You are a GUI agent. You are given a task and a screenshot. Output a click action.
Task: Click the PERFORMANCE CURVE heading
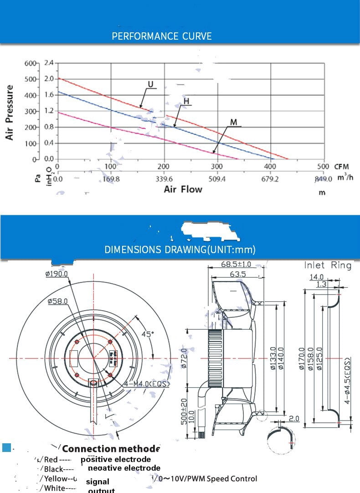coord(162,36)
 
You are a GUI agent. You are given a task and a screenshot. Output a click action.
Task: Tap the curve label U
coord(150,84)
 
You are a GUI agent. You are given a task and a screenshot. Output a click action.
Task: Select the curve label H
coord(186,101)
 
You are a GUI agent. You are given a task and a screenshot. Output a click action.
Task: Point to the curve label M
coord(234,122)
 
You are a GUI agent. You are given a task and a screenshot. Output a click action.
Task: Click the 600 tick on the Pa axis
coord(29,63)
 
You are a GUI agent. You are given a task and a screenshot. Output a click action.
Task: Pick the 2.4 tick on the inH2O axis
coord(49,63)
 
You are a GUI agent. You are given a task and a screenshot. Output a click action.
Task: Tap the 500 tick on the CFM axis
coord(323,167)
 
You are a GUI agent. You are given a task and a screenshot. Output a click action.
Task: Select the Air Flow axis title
coord(183,189)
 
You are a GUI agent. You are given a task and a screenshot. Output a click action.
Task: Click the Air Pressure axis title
coord(10,112)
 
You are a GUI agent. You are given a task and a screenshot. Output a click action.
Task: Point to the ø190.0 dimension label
coord(57,274)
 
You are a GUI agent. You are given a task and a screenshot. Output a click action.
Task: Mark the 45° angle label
coord(147,334)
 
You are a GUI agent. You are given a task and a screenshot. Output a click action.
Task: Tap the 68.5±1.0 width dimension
coord(236,265)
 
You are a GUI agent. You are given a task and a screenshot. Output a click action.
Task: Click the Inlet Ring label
coord(328,265)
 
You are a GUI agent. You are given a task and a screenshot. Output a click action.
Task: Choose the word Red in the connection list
coord(51,459)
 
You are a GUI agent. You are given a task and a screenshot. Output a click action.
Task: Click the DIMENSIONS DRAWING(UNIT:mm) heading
coord(180,249)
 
